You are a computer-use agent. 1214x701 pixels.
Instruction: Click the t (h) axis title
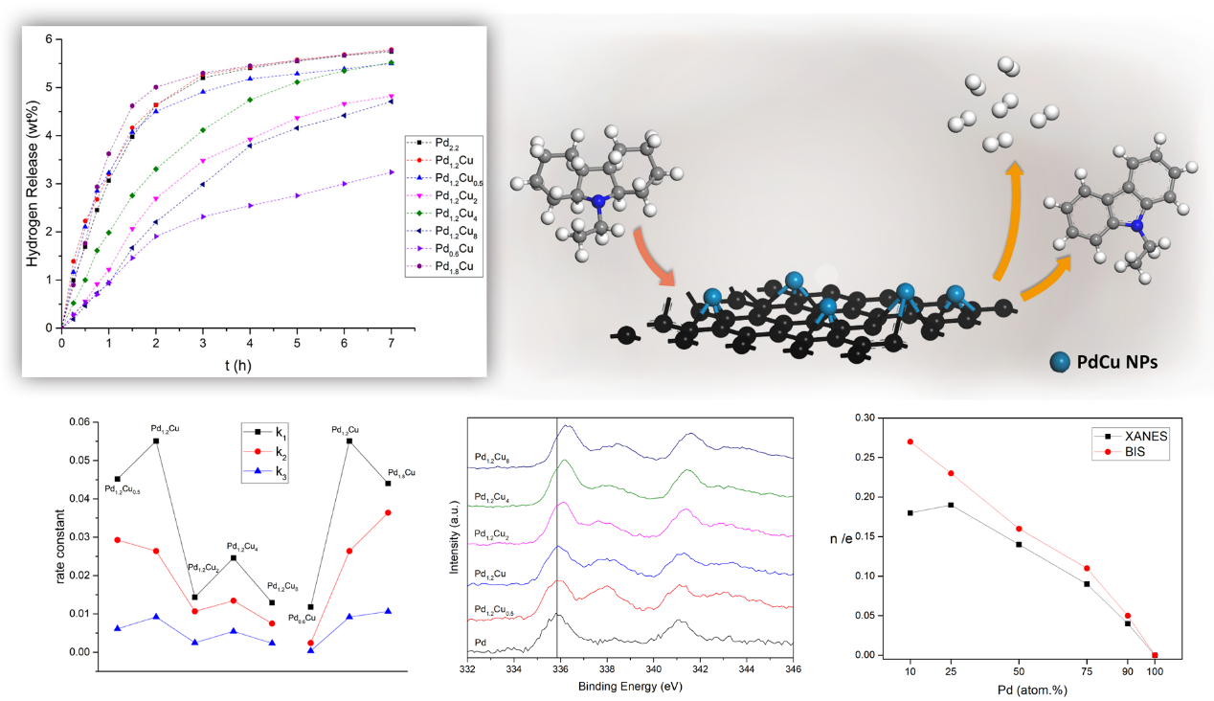pyautogui.click(x=226, y=364)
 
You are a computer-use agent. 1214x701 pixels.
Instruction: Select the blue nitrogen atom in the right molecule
pyautogui.click(x=1135, y=227)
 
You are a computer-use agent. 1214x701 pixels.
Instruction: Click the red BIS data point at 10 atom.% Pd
pyautogui.click(x=910, y=441)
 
